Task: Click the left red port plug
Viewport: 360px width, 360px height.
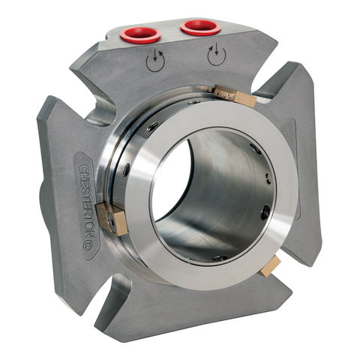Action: click(140, 34)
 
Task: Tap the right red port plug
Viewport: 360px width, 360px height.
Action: click(201, 27)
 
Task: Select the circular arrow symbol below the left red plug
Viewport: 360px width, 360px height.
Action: click(155, 61)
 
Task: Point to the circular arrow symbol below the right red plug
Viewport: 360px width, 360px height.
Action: click(217, 55)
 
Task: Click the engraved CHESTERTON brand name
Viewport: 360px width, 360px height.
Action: click(89, 205)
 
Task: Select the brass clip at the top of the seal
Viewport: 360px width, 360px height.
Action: click(235, 95)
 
